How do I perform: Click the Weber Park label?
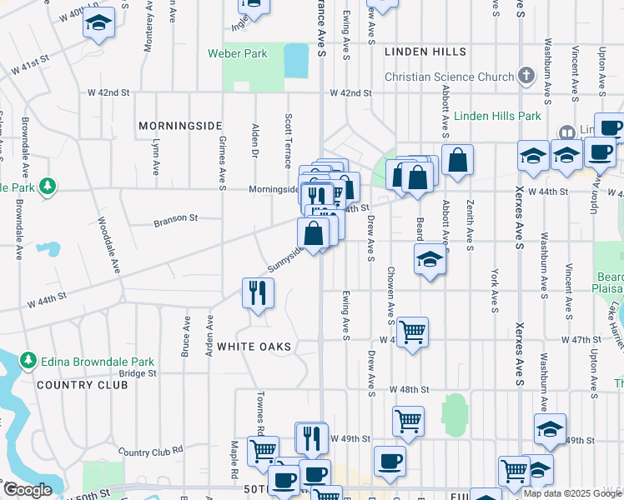tap(238, 53)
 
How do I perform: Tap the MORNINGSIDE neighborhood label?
tap(179, 125)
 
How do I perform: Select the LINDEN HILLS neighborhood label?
tap(425, 52)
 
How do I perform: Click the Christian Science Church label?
tap(449, 77)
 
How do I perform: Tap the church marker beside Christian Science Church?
tap(526, 77)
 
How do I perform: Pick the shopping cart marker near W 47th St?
tap(412, 332)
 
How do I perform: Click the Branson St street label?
tap(174, 221)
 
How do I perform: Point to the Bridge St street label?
tap(138, 373)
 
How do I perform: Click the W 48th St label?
tap(409, 389)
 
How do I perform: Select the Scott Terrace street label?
tap(288, 140)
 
